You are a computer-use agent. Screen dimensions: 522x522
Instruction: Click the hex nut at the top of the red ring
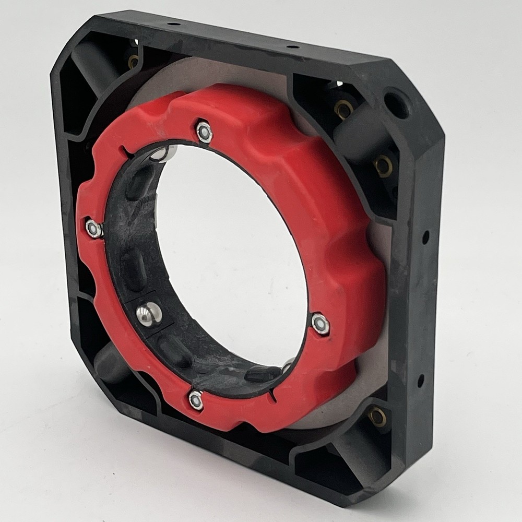(205, 132)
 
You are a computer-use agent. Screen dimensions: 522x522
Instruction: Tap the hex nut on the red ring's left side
(94, 229)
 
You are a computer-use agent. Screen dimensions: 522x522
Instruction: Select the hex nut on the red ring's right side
(320, 324)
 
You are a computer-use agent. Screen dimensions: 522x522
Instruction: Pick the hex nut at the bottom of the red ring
(196, 400)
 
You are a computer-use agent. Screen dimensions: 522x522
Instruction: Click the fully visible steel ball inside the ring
(149, 314)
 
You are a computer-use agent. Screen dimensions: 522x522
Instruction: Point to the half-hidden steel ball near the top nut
(164, 153)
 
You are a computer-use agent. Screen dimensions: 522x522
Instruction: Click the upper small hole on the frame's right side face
(425, 238)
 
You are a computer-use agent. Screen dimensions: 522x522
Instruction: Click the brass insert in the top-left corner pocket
(134, 62)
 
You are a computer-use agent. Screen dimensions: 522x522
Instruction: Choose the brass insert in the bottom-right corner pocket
(377, 416)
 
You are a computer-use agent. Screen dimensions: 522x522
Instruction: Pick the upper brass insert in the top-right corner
(343, 109)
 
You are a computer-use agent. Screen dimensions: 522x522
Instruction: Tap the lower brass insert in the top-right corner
(383, 166)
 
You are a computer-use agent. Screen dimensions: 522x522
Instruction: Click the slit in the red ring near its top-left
(126, 152)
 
